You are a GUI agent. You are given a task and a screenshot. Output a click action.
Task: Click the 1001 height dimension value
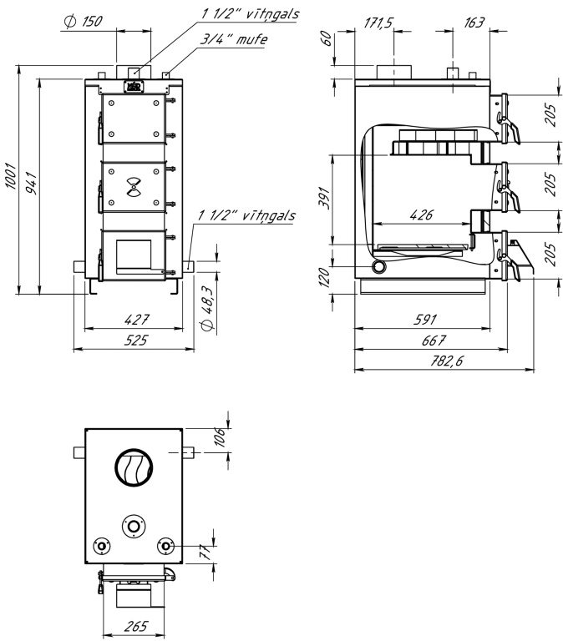(x=11, y=176)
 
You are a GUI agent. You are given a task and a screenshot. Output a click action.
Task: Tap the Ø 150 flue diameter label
(x=83, y=22)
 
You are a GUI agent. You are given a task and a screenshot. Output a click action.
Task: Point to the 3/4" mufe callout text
(x=234, y=39)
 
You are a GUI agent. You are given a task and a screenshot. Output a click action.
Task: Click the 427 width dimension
(x=137, y=320)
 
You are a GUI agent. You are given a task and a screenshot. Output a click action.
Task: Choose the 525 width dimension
(x=135, y=340)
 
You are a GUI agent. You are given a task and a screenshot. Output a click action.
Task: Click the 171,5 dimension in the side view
(x=378, y=23)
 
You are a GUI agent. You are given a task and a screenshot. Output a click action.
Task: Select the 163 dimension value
(x=474, y=23)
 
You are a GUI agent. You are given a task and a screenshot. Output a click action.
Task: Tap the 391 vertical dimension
(x=324, y=198)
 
